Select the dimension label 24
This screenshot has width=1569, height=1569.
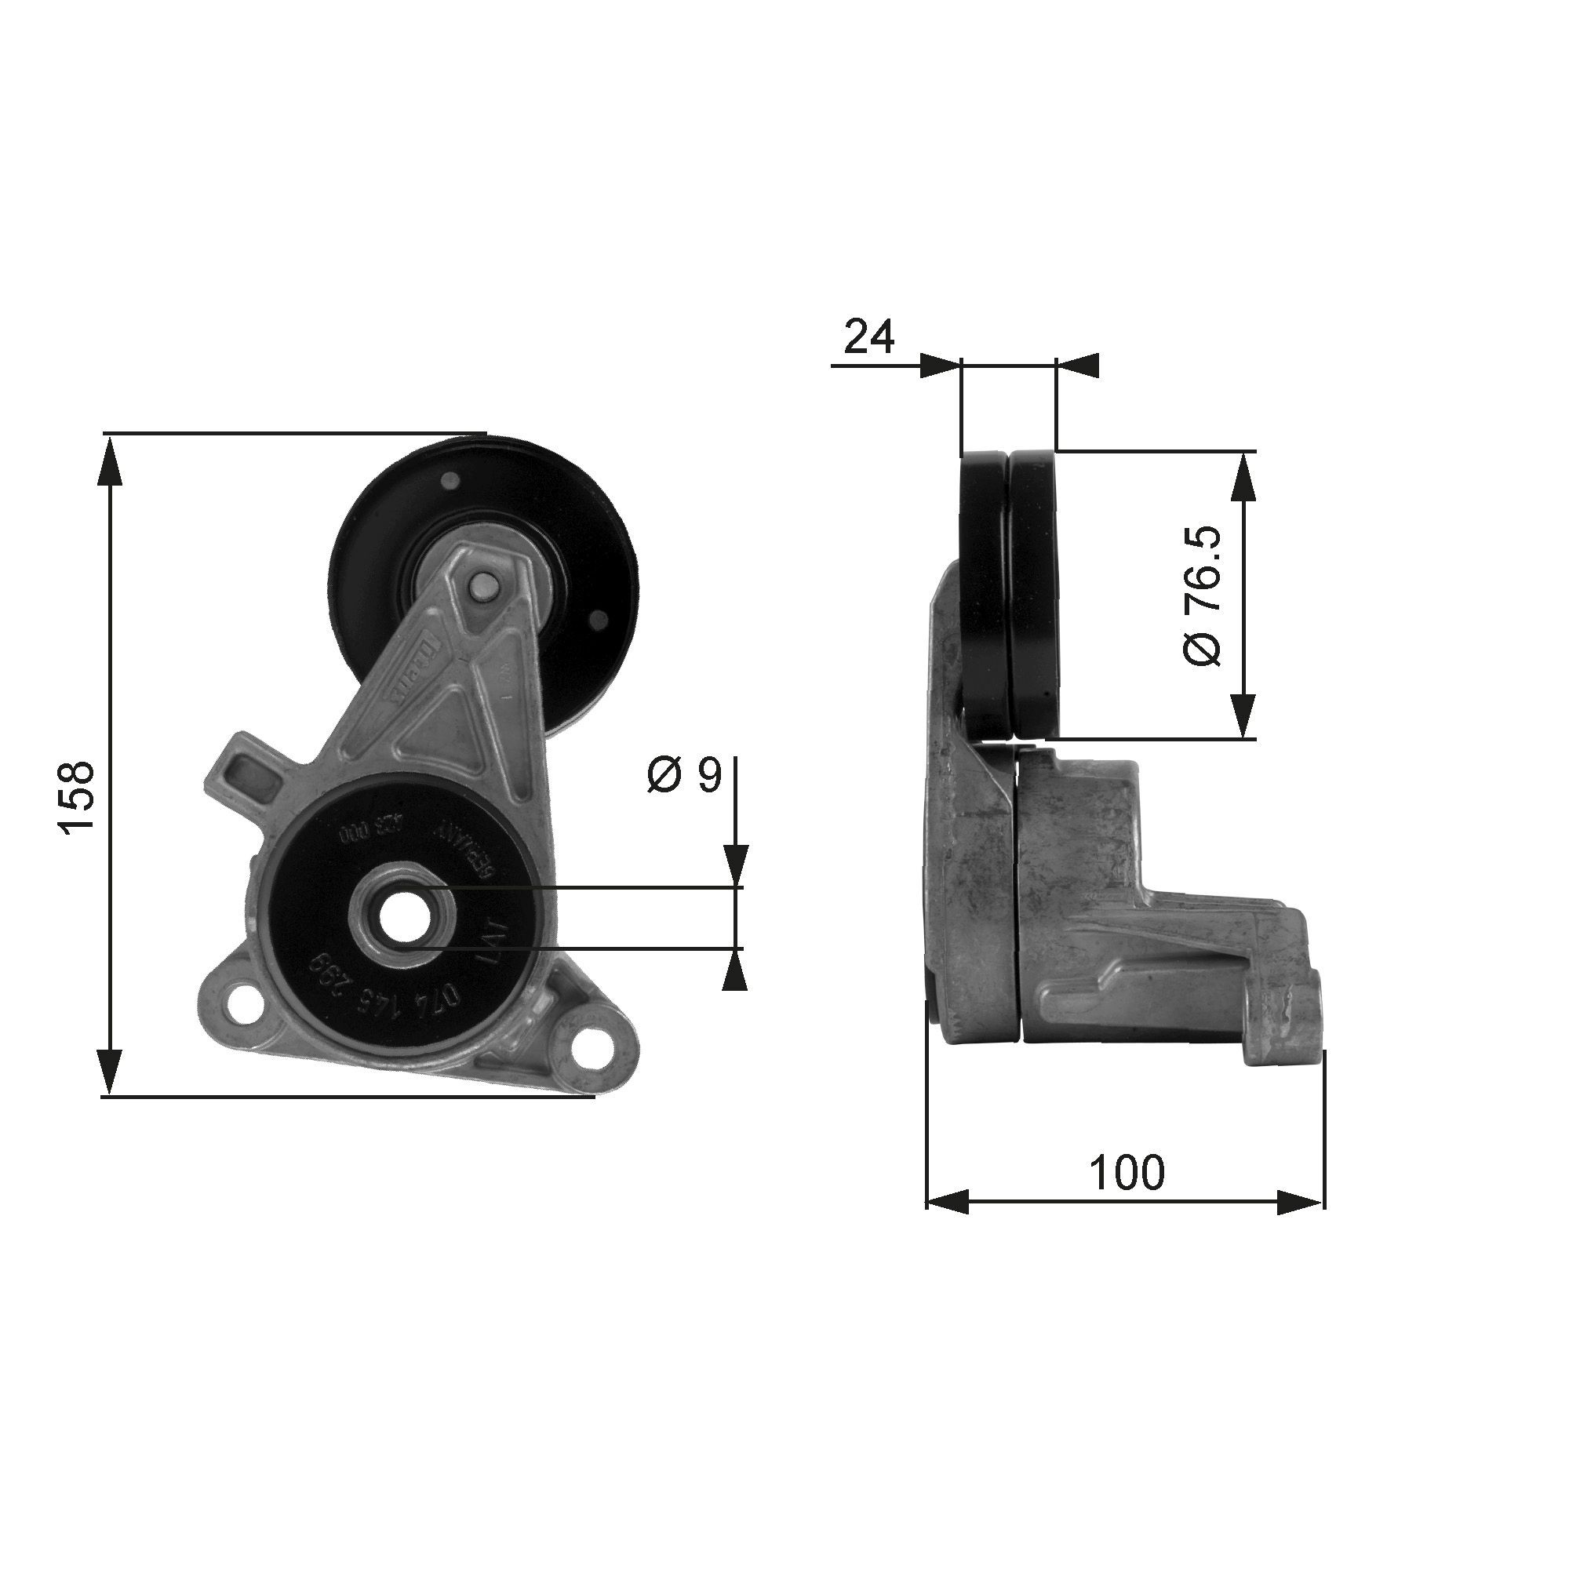pos(868,337)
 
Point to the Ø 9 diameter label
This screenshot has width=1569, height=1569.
pos(684,775)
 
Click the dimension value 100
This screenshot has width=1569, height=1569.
pos(1127,1172)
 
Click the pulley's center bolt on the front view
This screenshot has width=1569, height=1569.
pos(484,585)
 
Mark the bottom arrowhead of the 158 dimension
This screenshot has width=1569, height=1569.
pos(110,1070)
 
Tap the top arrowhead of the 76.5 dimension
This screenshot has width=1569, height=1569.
pos(1243,475)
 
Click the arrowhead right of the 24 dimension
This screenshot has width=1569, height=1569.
pos(1078,366)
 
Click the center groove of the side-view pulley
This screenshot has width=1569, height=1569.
pos(1010,593)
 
